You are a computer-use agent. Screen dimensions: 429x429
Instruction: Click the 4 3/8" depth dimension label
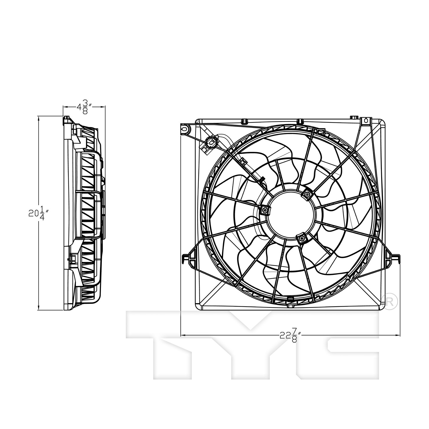(x=84, y=107)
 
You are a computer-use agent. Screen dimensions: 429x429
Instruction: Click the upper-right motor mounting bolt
(x=307, y=195)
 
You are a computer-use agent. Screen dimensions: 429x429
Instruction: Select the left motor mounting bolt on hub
(x=265, y=210)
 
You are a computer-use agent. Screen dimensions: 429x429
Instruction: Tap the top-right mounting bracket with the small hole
(x=365, y=122)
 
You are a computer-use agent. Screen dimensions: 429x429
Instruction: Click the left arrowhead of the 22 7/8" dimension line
(x=183, y=335)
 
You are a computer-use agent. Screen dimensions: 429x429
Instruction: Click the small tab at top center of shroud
(x=300, y=122)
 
